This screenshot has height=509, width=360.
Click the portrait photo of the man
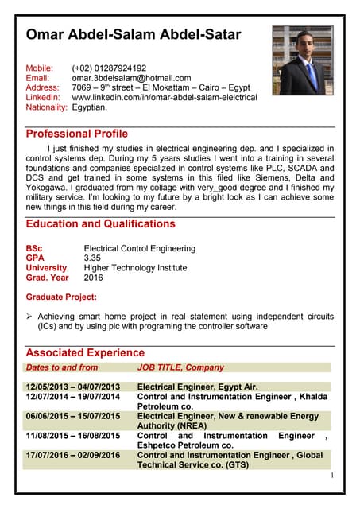tap(302, 60)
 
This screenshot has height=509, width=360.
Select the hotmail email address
tap(131, 78)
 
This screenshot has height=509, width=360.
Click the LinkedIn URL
tap(165, 97)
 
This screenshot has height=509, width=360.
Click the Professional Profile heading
tap(76, 134)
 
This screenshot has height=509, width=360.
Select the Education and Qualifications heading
tap(100, 224)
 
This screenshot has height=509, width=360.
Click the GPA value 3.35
tap(92, 258)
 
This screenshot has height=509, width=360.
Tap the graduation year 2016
tap(93, 278)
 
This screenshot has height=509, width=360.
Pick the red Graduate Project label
tap(61, 297)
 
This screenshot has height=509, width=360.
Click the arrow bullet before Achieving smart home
tap(30, 317)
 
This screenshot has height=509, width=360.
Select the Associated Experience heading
tap(85, 352)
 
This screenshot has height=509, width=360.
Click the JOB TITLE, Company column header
tap(180, 367)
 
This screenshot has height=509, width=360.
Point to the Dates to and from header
tap(62, 367)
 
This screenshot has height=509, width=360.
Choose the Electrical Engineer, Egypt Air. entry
tap(197, 387)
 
